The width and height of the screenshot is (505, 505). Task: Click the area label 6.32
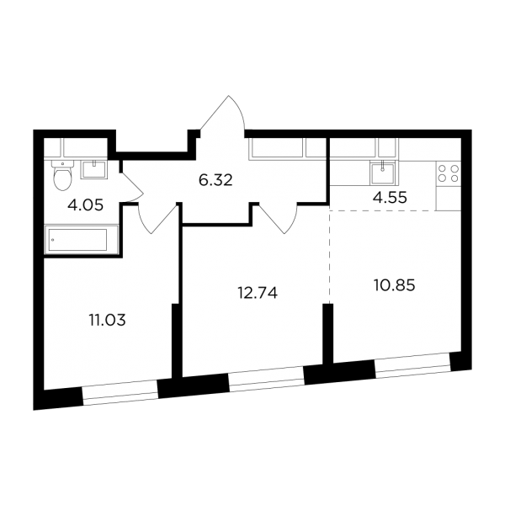[215, 180]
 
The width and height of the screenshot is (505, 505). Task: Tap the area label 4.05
[85, 205]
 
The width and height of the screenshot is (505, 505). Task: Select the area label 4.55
[390, 198]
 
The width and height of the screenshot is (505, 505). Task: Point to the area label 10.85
[394, 285]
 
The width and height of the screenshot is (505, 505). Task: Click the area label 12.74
[258, 293]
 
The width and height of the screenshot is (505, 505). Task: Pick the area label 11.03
[107, 321]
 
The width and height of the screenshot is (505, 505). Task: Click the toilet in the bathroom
[62, 175]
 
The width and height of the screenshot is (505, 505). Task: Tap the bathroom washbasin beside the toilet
[93, 169]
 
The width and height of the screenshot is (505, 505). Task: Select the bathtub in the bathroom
[81, 240]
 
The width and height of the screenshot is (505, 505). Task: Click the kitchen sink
[382, 173]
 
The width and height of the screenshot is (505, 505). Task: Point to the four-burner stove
[449, 173]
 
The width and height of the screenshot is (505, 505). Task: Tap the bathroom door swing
[132, 187]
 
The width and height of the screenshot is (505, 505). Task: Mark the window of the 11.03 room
[120, 392]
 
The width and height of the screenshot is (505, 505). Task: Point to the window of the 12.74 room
[267, 379]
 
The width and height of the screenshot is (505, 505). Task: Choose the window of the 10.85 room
[413, 365]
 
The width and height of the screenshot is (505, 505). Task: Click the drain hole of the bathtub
[52, 240]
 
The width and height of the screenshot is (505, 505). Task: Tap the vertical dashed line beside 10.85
[329, 254]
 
